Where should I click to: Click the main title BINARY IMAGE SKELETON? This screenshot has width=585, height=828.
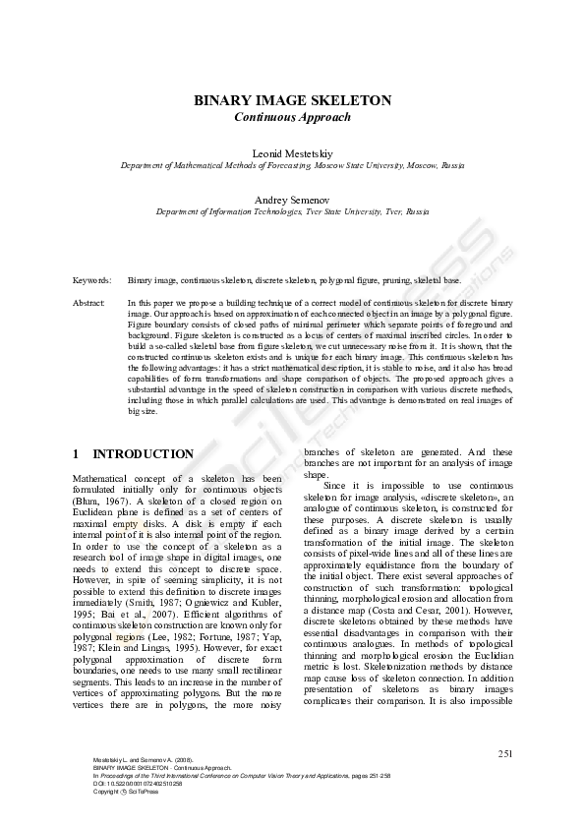pyautogui.click(x=292, y=100)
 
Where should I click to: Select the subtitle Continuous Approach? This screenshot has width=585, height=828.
pyautogui.click(x=292, y=117)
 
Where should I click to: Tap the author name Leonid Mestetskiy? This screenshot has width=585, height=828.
pyautogui.click(x=292, y=153)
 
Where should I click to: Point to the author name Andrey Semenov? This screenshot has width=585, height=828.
pyautogui.click(x=292, y=199)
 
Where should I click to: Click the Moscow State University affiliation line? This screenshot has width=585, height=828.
pyautogui.click(x=292, y=166)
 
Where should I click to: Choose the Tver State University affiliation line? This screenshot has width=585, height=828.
pyautogui.click(x=292, y=211)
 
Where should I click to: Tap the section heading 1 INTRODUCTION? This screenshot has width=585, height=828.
pyautogui.click(x=134, y=454)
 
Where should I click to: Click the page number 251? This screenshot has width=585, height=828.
pyautogui.click(x=506, y=754)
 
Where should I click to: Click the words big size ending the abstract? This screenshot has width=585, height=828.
pyautogui.click(x=142, y=412)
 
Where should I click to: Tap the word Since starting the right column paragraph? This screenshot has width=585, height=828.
pyautogui.click(x=336, y=485)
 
